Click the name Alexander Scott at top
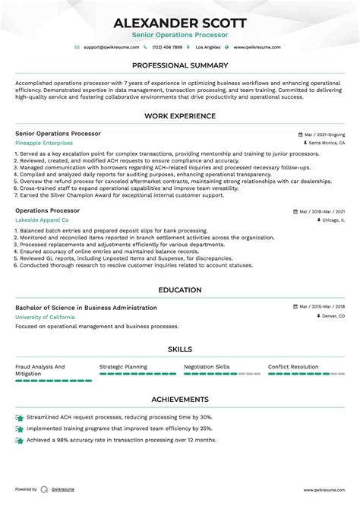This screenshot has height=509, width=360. click(180, 22)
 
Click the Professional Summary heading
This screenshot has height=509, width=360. click(180, 66)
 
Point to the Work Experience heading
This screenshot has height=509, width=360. click(180, 116)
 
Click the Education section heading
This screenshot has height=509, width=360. click(180, 290)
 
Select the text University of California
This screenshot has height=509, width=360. click(45, 316)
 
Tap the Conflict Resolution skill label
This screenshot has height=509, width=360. click(293, 367)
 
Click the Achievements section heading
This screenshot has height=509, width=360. click(180, 400)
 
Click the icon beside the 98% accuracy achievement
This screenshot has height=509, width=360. click(19, 440)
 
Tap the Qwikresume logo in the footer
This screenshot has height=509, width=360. click(46, 489)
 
